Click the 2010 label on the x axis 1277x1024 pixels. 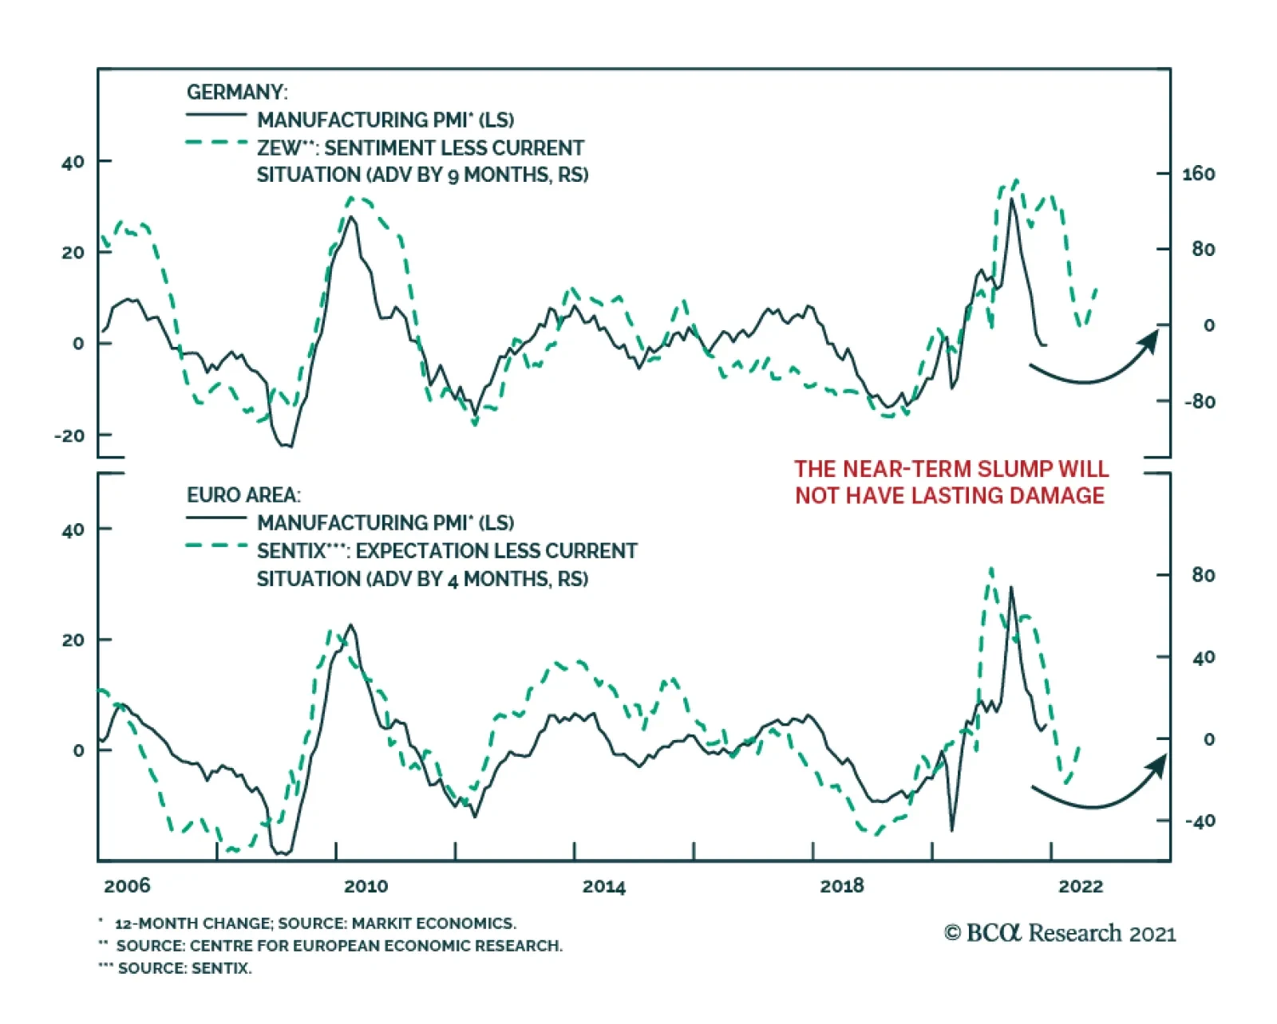366,886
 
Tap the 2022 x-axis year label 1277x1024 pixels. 1081,886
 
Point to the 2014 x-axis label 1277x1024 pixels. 603,886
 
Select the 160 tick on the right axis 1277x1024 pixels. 1198,174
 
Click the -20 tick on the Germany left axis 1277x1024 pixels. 69,435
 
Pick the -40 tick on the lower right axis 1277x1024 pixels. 1200,821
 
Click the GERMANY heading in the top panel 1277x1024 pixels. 237,93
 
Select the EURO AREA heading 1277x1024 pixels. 243,495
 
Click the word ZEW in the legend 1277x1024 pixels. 279,148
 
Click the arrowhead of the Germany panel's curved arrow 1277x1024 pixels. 1150,339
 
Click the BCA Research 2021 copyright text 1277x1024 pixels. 1060,933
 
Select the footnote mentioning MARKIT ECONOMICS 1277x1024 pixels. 315,924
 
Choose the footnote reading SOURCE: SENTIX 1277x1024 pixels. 184,968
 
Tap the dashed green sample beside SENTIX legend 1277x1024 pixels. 216,546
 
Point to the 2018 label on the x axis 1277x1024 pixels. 842,886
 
